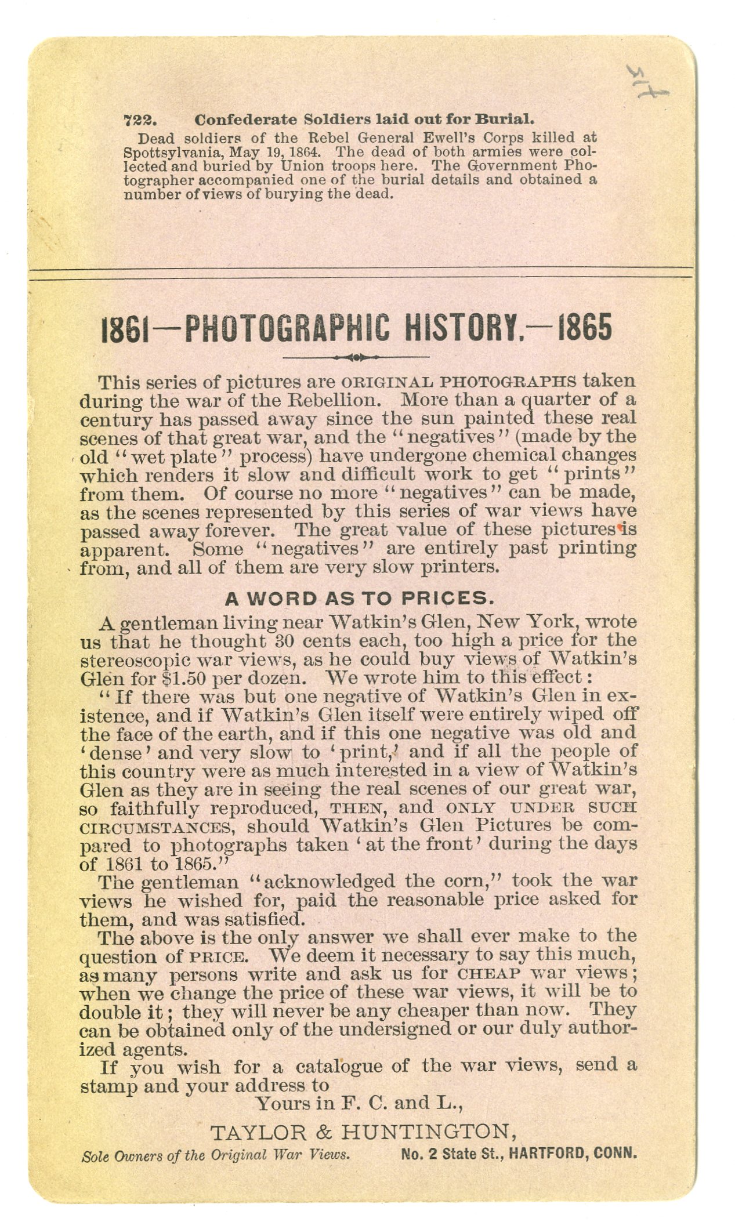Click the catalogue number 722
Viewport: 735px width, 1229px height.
(x=137, y=120)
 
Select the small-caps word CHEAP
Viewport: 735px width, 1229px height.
(x=492, y=974)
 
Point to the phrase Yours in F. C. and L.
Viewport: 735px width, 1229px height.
(x=359, y=1103)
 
